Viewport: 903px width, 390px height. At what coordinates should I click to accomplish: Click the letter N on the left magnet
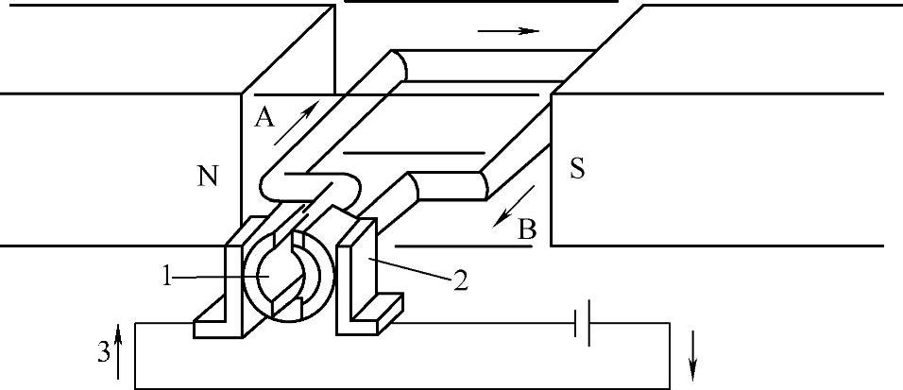(x=210, y=175)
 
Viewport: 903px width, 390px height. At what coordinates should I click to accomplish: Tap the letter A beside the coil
(x=264, y=117)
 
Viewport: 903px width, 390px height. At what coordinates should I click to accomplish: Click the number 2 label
(x=459, y=280)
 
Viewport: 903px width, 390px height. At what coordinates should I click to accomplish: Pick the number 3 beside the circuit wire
(x=103, y=352)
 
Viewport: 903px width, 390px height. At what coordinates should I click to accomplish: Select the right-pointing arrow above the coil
(x=507, y=30)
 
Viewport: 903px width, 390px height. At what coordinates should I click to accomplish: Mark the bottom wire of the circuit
(x=397, y=388)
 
